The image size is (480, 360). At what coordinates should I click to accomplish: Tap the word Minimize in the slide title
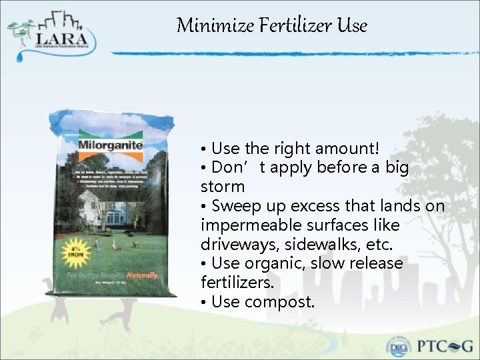point(212,26)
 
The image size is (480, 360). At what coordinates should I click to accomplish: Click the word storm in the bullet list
point(223,187)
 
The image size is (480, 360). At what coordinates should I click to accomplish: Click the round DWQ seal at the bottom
point(399,346)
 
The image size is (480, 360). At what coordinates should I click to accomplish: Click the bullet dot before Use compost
point(204,302)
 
